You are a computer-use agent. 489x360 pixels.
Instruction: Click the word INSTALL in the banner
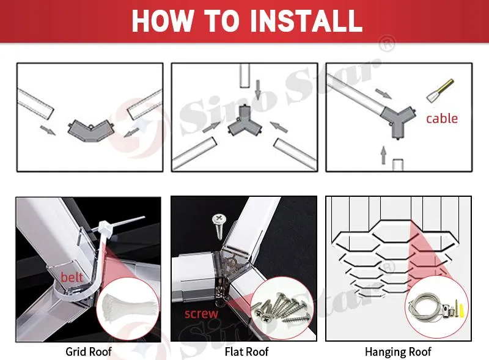306,21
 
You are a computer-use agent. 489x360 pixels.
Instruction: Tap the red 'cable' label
442,119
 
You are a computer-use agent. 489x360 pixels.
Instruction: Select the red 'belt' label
72,277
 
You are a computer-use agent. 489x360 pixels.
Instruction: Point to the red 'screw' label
201,314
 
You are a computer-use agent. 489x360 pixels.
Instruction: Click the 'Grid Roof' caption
89,351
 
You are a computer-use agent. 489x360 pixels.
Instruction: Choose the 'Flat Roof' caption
246,351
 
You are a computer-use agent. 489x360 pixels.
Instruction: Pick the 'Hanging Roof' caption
398,351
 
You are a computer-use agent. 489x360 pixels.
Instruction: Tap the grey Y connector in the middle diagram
244,122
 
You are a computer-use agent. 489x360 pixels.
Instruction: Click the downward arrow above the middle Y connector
257,90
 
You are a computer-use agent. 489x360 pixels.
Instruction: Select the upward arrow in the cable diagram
384,155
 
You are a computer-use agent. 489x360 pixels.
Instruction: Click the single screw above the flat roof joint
219,226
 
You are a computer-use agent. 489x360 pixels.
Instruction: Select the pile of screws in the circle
282,308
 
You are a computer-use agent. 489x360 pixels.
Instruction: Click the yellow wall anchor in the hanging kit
463,308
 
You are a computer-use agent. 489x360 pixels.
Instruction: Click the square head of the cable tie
103,227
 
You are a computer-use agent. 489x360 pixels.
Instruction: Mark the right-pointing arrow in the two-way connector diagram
48,130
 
